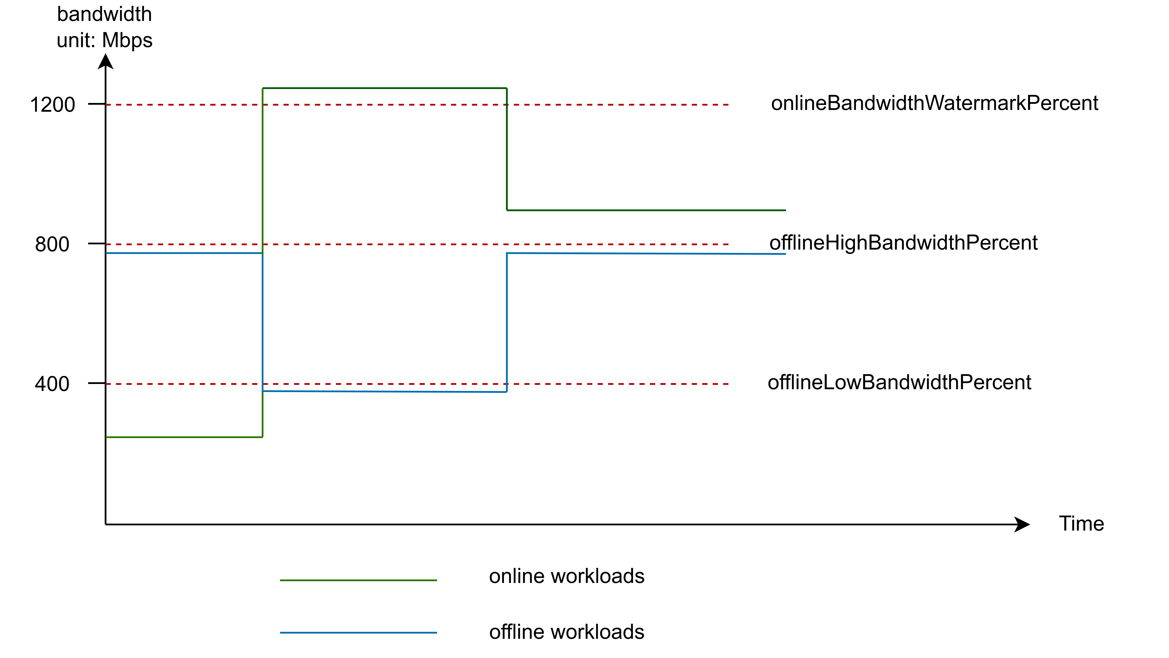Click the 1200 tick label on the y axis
pyautogui.click(x=52, y=105)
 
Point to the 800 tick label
pyautogui.click(x=52, y=244)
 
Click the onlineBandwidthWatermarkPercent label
pyautogui.click(x=934, y=104)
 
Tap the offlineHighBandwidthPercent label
pyautogui.click(x=903, y=243)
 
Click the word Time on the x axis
pyautogui.click(x=1081, y=524)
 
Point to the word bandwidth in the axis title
pyautogui.click(x=104, y=15)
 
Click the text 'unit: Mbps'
pyautogui.click(x=104, y=40)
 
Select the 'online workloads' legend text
pyautogui.click(x=566, y=576)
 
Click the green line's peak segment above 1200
pyautogui.click(x=384, y=88)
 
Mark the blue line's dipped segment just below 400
pyautogui.click(x=384, y=391)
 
